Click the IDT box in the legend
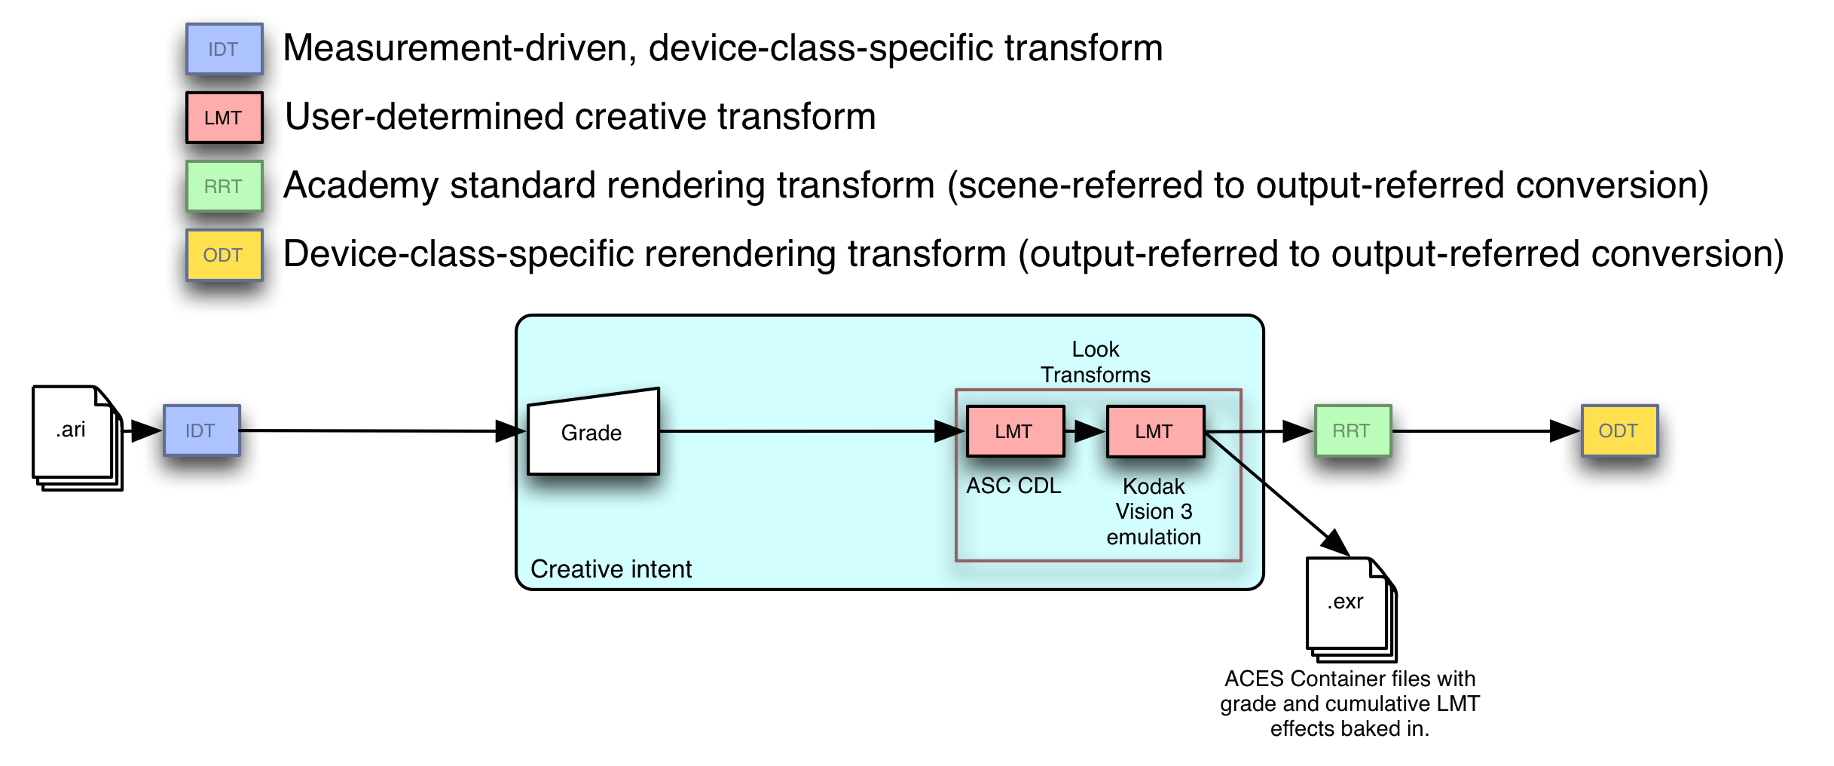pyautogui.click(x=225, y=49)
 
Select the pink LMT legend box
pyautogui.click(x=225, y=118)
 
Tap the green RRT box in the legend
pyautogui.click(x=225, y=186)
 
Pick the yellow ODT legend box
pyautogui.click(x=225, y=255)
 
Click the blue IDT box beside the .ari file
pyautogui.click(x=202, y=430)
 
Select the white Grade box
pyautogui.click(x=593, y=433)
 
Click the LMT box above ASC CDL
pyautogui.click(x=1015, y=431)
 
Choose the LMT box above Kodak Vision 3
pyautogui.click(x=1155, y=431)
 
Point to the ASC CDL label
pyautogui.click(x=1013, y=486)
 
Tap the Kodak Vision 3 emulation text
pyautogui.click(x=1154, y=512)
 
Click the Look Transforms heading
pyautogui.click(x=1096, y=362)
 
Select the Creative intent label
pyautogui.click(x=611, y=569)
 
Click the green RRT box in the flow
pyautogui.click(x=1353, y=430)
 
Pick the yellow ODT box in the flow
pyautogui.click(x=1619, y=430)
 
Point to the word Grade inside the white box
pyautogui.click(x=591, y=433)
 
